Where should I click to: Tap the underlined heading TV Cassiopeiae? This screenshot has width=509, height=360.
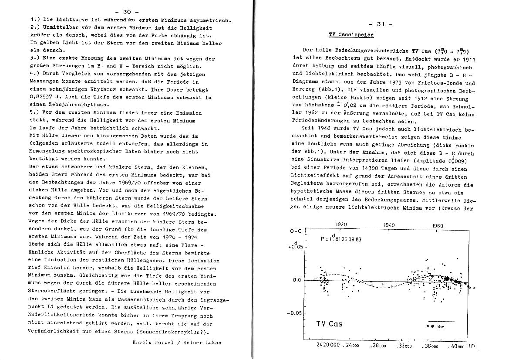[x=351, y=34]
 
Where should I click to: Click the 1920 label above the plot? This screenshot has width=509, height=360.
[x=341, y=225]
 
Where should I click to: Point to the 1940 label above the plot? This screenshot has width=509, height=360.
[x=390, y=225]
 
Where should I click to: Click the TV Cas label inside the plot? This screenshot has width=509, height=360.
[x=329, y=324]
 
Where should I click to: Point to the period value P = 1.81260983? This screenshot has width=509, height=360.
[x=340, y=239]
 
